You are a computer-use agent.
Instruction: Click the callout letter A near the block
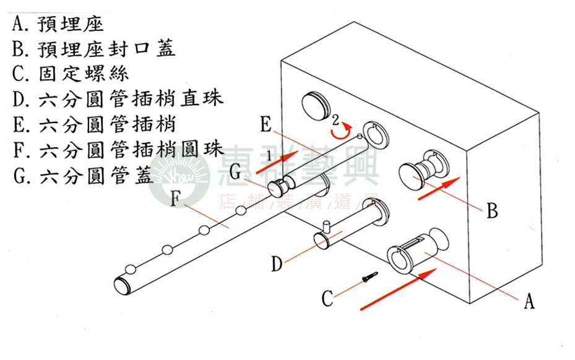tap(529, 301)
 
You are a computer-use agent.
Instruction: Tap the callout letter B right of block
tap(492, 212)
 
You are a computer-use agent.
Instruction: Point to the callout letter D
tap(277, 264)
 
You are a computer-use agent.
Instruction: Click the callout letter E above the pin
tap(266, 125)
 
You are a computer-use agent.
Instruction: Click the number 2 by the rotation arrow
tap(335, 118)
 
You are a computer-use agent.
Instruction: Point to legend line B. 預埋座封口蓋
tap(93, 48)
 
